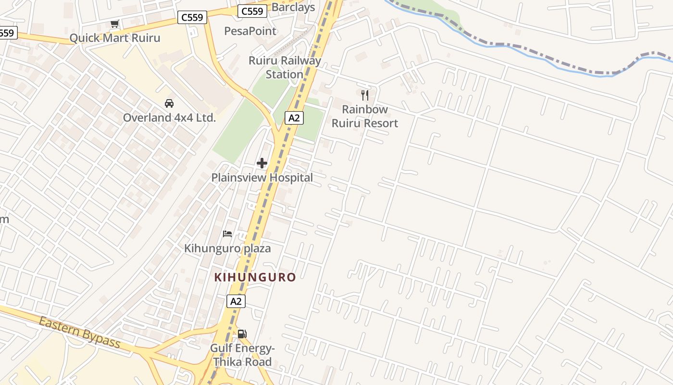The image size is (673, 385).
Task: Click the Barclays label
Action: click(x=293, y=7)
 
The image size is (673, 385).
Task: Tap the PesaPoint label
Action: click(x=250, y=31)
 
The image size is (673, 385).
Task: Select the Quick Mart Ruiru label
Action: click(x=115, y=38)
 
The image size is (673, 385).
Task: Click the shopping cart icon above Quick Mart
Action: click(x=114, y=24)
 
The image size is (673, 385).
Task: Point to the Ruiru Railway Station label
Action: click(x=285, y=67)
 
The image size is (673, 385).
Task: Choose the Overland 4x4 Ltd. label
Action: click(x=169, y=118)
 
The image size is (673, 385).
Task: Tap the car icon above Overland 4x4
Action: click(x=169, y=103)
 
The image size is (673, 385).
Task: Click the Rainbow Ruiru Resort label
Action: click(x=365, y=116)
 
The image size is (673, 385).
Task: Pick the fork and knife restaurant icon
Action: click(x=365, y=95)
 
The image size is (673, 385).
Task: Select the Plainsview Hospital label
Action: click(x=262, y=178)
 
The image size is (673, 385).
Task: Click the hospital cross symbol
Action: click(x=262, y=163)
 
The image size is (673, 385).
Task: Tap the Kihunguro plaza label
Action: click(x=227, y=248)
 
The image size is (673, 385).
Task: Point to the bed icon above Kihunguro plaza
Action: click(x=227, y=234)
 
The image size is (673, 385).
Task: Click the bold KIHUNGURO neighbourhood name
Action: click(x=255, y=277)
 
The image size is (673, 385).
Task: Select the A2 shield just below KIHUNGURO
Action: click(x=236, y=302)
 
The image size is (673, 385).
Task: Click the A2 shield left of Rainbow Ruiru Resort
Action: click(x=294, y=118)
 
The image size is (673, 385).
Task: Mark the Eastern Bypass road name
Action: click(x=79, y=332)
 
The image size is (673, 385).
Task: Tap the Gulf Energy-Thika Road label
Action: click(x=242, y=355)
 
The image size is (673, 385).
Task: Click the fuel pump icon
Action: click(x=242, y=334)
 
